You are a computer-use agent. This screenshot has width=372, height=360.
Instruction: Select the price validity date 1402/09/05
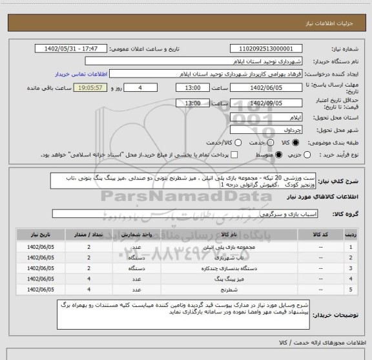pyautogui.click(x=266, y=103)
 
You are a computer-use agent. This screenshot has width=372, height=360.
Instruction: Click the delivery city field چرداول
pyautogui.click(x=266, y=131)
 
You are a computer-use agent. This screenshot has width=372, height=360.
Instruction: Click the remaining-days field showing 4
pyautogui.click(x=139, y=87)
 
